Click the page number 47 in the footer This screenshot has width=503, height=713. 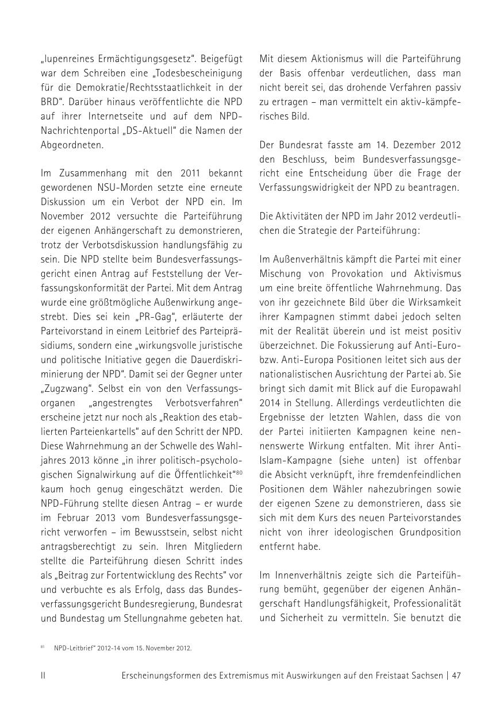click(x=456, y=676)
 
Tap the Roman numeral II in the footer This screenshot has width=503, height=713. click(x=43, y=676)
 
